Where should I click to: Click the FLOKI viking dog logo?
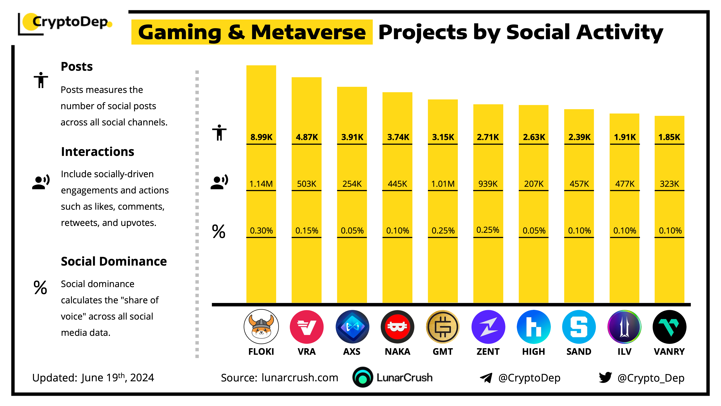(x=261, y=327)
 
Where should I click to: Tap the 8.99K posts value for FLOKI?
(x=261, y=137)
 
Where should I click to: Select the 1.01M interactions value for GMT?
(x=443, y=184)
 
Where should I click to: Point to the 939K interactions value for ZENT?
(x=488, y=184)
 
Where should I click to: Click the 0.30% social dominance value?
(x=261, y=231)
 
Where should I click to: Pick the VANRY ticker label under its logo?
(x=669, y=351)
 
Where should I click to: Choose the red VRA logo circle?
(x=306, y=327)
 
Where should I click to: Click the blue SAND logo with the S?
(x=579, y=327)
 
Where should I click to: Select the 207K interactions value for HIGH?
(x=534, y=184)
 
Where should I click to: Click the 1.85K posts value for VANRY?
(x=669, y=137)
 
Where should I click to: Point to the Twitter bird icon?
(x=605, y=377)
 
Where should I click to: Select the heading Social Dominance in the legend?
(x=114, y=261)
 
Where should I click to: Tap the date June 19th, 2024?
(x=118, y=378)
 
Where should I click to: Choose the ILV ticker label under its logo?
(x=624, y=351)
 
